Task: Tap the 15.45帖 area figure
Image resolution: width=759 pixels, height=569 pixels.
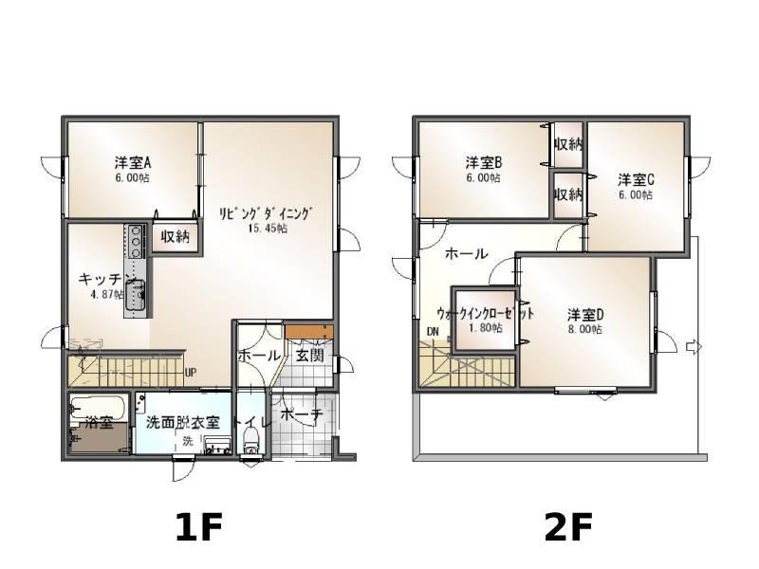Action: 268,229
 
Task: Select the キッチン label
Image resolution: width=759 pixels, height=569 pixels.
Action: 106,279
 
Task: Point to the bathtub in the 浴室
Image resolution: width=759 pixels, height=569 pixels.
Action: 99,408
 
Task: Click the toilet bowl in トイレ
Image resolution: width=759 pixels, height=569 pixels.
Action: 251,439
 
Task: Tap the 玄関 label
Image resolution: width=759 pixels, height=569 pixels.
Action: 309,356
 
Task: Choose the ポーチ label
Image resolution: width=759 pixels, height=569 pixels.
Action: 301,414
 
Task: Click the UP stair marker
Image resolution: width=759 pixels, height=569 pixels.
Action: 191,373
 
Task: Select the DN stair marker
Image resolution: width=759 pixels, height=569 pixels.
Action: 433,332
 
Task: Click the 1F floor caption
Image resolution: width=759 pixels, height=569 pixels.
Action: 199,527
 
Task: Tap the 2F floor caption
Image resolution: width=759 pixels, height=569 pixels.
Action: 568,527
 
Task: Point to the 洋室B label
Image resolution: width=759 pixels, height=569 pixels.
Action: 484,161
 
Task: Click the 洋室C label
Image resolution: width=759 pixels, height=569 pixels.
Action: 636,179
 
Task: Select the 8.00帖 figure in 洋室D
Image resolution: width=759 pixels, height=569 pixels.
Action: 585,330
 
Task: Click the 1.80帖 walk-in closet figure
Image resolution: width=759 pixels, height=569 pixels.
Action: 486,328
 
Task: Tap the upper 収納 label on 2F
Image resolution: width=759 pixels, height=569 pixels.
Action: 568,144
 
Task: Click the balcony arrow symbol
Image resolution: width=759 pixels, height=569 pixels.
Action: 694,347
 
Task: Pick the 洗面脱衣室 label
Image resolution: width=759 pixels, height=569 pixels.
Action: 183,422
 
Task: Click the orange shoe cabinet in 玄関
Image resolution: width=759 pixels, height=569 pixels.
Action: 309,332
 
